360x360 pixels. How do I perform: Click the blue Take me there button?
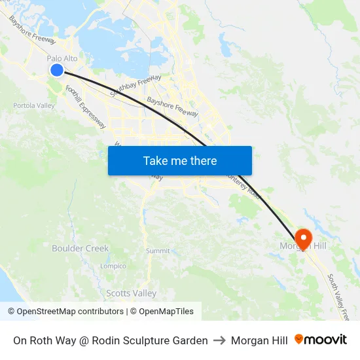180,160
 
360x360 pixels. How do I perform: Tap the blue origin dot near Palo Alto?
57,70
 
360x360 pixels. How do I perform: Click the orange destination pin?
303,237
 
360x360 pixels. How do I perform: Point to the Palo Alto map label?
62,58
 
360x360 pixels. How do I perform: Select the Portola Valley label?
34,105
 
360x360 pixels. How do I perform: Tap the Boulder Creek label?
81,248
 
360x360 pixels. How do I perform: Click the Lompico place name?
113,266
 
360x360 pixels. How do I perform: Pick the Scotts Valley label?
132,293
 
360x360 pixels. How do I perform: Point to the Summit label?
158,251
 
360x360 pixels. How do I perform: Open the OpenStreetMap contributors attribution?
65,312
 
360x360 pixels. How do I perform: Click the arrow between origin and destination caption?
219,340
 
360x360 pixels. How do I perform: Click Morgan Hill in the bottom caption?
259,340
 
